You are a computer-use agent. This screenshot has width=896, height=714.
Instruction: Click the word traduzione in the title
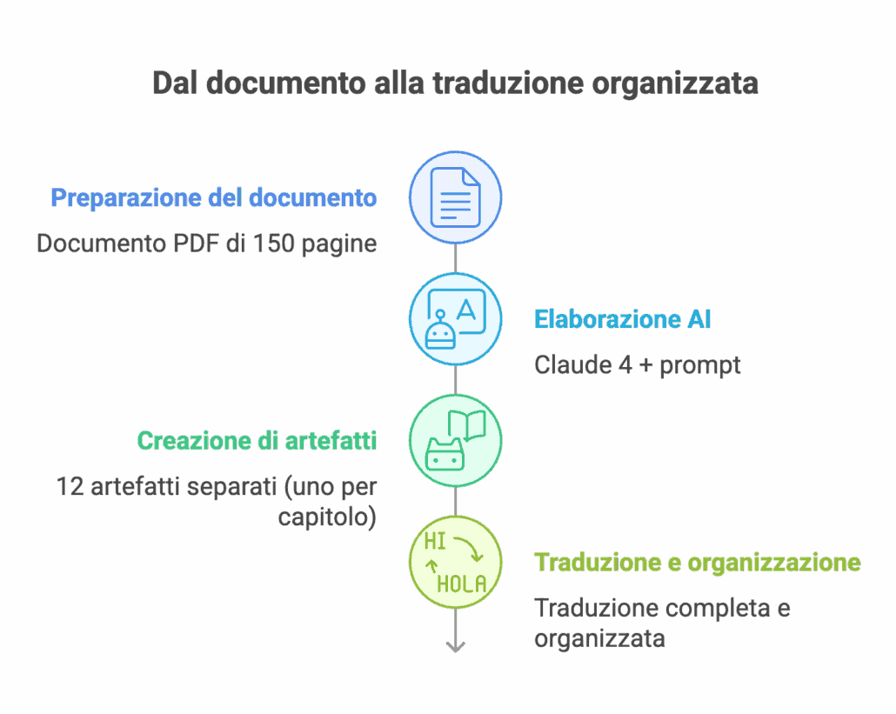(508, 83)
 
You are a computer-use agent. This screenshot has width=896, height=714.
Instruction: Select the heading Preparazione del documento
(214, 197)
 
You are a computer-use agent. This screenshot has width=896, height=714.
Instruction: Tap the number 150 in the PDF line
(274, 243)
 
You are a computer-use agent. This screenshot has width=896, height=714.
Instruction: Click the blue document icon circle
(456, 197)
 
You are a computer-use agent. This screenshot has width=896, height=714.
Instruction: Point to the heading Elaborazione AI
(622, 319)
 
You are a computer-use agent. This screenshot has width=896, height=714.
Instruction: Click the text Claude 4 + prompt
(637, 365)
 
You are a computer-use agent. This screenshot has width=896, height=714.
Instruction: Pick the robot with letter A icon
(456, 318)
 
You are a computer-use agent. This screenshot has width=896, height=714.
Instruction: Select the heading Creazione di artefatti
(257, 440)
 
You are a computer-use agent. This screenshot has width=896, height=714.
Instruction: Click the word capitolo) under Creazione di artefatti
(327, 517)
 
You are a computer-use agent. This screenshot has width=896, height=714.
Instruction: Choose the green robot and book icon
(456, 440)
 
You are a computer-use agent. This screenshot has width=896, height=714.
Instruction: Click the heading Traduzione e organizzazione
(698, 562)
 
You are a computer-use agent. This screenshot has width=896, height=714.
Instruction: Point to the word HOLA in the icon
(462, 584)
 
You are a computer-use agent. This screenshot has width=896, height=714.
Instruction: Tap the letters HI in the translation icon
(435, 540)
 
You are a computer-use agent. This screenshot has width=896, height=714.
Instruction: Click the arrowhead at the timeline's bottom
(456, 647)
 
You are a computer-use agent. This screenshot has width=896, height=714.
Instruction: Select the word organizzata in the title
(675, 83)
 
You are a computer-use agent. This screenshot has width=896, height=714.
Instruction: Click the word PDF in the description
(196, 243)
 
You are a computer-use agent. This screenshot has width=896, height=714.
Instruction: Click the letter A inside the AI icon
(465, 310)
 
